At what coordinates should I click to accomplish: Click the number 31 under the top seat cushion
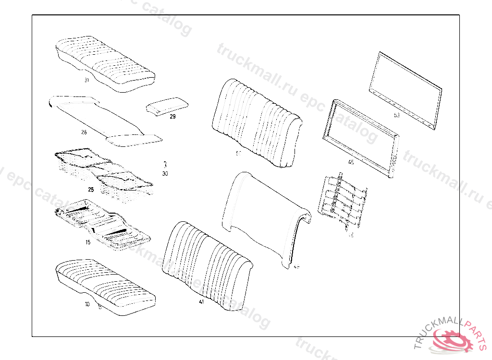pos(86,80)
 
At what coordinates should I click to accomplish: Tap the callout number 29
pos(172,116)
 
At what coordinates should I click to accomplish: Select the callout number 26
pos(84,132)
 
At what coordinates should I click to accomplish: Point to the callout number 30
pos(165,173)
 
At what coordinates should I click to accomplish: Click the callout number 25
pos(90,190)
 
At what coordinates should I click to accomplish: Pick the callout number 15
pos(88,242)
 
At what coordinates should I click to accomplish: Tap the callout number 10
pos(87,304)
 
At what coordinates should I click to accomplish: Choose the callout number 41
pos(201,302)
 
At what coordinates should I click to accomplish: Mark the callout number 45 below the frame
pos(351,162)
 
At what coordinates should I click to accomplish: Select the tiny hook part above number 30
pos(164,164)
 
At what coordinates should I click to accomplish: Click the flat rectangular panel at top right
pos(405,90)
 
